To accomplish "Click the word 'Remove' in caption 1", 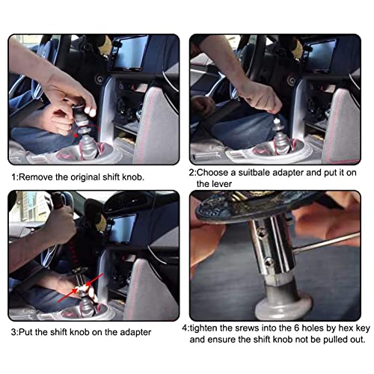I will coord(37,177).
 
